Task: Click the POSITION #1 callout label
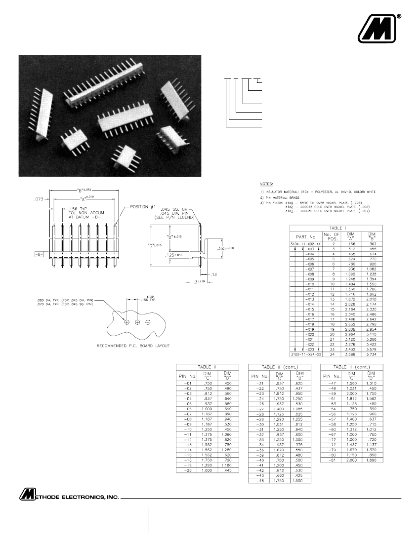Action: [x=147, y=206]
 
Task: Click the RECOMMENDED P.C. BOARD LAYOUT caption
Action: [x=133, y=346]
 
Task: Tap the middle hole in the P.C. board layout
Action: [x=137, y=322]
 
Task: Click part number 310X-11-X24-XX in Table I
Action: [x=305, y=354]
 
